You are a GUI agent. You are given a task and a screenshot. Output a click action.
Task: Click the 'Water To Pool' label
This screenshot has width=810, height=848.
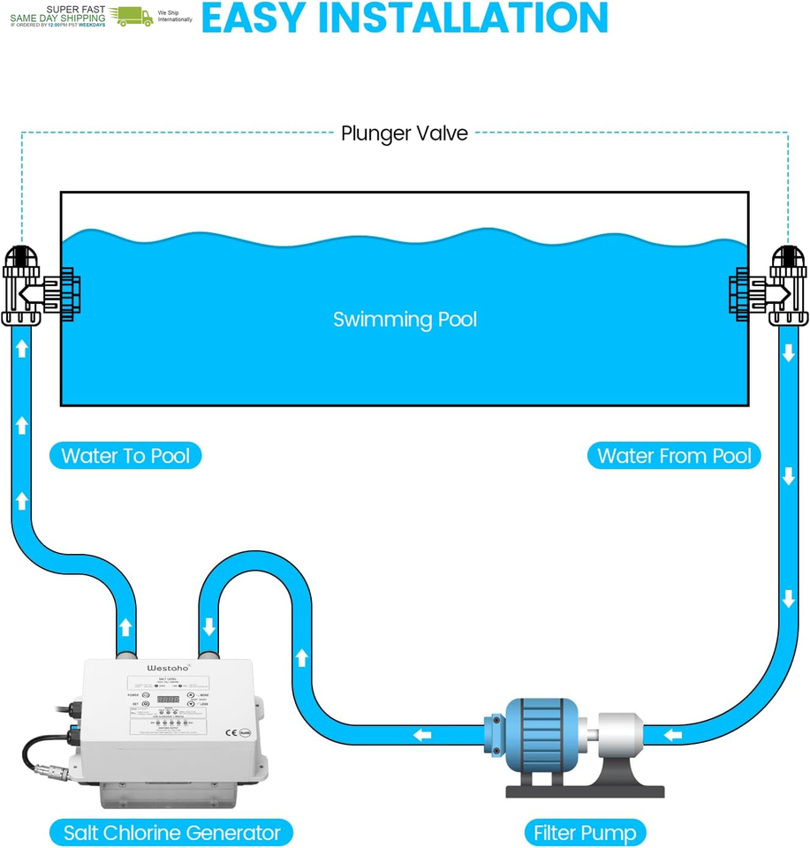(x=125, y=456)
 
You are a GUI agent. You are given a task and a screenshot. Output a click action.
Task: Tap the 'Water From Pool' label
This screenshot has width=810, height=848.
(x=674, y=456)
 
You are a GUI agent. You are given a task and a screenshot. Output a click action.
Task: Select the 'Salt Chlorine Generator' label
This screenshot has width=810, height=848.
(x=171, y=832)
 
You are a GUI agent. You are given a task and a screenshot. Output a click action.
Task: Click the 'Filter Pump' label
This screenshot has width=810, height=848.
(x=584, y=832)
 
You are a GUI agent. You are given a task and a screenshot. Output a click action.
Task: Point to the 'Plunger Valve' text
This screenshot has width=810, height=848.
(x=405, y=133)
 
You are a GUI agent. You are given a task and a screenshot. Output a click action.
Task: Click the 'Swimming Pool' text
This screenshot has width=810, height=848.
(x=405, y=319)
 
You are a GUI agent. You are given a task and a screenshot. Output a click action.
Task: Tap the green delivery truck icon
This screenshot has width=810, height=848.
(x=132, y=16)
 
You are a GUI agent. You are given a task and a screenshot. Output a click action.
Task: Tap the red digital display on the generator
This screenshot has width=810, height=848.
(x=168, y=700)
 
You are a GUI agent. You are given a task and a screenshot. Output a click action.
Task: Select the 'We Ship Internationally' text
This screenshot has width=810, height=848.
(x=174, y=16)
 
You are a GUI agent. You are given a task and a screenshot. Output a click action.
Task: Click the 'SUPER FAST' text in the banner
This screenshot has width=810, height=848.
(x=76, y=9)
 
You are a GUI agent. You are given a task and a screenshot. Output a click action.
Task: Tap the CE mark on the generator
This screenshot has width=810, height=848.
(x=231, y=731)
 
